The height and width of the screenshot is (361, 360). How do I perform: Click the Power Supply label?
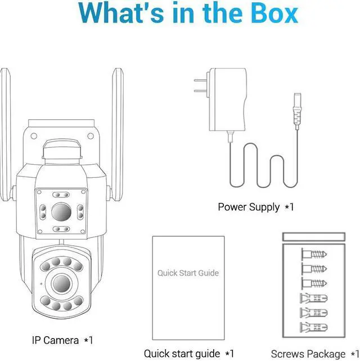coord(249,207)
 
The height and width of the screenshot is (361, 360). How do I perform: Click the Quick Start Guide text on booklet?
coord(188,273)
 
